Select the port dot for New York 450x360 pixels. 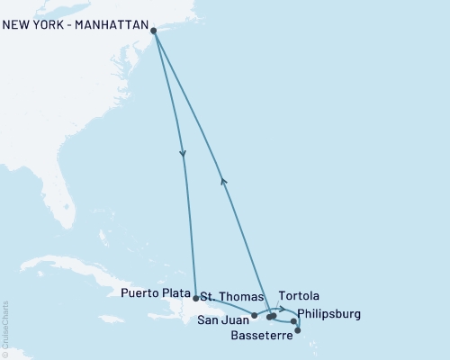154,31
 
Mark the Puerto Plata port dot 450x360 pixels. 195,297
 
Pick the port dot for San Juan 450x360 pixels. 255,315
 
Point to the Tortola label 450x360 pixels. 299,296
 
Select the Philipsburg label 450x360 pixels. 328,314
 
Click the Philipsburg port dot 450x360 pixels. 293,321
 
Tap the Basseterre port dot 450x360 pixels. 298,331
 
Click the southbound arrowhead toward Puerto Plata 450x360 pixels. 183,154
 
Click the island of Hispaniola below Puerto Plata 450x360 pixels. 193,315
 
